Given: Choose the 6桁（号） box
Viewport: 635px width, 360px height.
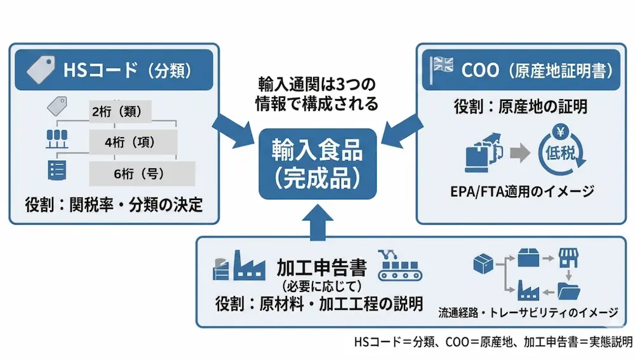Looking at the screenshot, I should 141,173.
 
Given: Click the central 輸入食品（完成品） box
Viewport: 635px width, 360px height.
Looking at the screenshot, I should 317,164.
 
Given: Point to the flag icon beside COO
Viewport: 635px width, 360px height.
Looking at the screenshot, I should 442,67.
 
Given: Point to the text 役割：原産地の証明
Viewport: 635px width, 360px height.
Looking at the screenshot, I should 515,106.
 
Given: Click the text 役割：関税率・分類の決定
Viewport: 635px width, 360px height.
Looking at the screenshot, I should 114,205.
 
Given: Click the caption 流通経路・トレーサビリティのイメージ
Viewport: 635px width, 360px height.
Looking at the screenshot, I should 528,312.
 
